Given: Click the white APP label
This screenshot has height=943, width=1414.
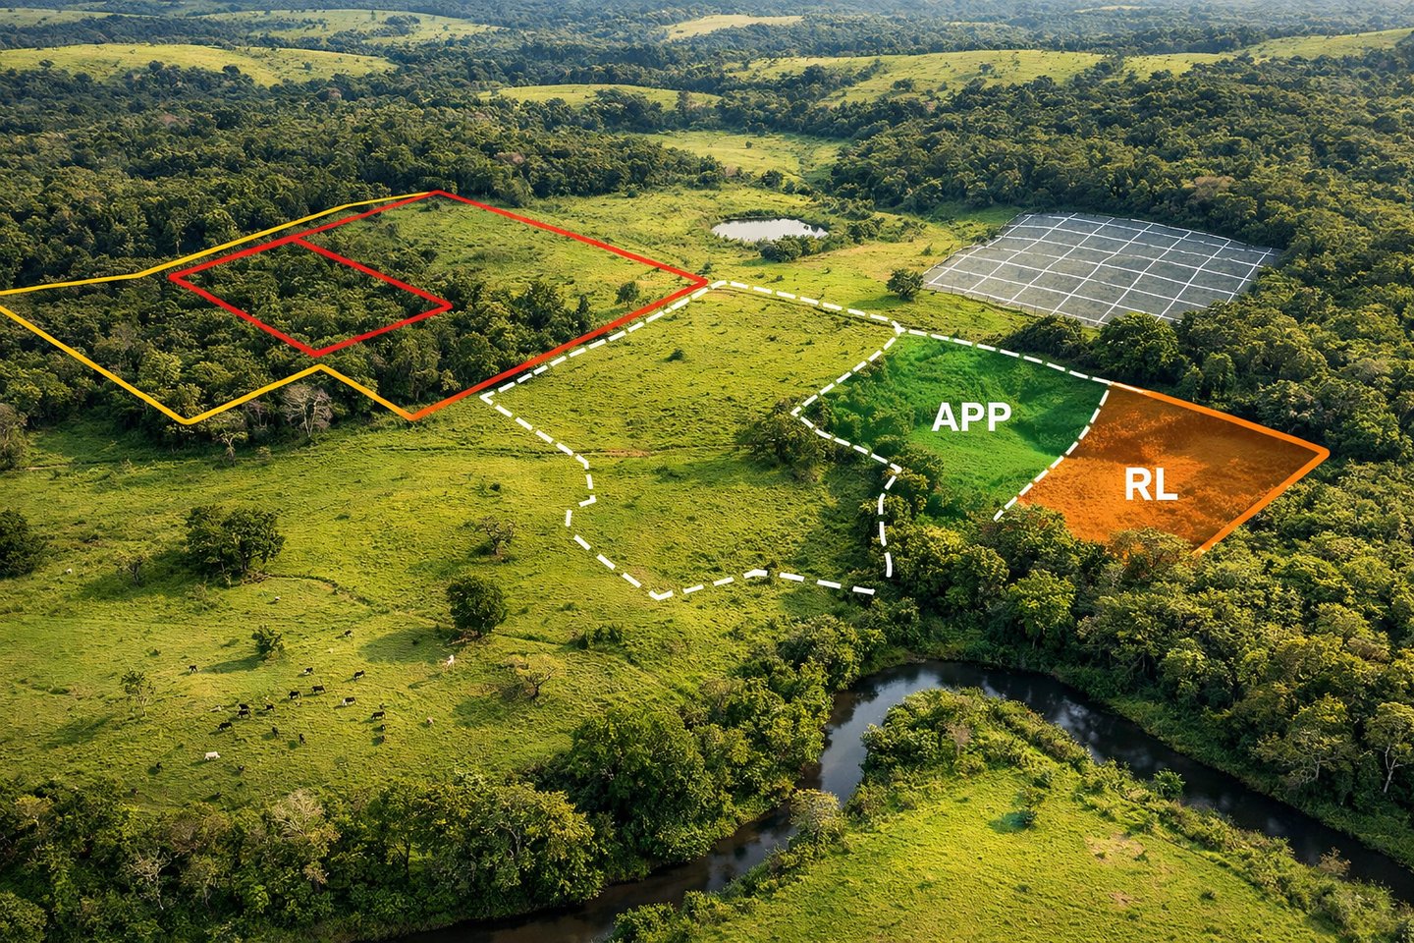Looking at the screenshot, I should (x=970, y=416).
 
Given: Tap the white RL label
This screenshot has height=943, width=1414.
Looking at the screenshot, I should (x=1150, y=484).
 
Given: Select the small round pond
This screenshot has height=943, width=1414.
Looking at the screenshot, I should (x=768, y=229).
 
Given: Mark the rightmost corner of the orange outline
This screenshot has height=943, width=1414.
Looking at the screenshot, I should (x=1327, y=454).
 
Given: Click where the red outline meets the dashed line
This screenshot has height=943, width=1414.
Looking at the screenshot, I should (x=705, y=283).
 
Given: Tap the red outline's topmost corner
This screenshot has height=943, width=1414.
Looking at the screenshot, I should (x=436, y=193).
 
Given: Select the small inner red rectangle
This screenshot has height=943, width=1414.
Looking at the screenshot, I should (x=309, y=295).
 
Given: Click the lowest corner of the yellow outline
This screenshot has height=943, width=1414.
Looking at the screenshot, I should (x=188, y=422).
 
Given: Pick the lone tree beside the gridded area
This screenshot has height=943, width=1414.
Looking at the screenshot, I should (x=904, y=283).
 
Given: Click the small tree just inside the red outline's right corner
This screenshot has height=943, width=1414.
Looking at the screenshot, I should (x=626, y=292).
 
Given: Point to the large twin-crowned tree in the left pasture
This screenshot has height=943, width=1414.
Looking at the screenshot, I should (x=233, y=537).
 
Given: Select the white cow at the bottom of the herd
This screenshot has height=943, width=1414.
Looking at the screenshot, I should (x=210, y=755).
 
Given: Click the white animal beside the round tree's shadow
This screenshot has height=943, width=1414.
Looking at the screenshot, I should (x=450, y=660).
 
